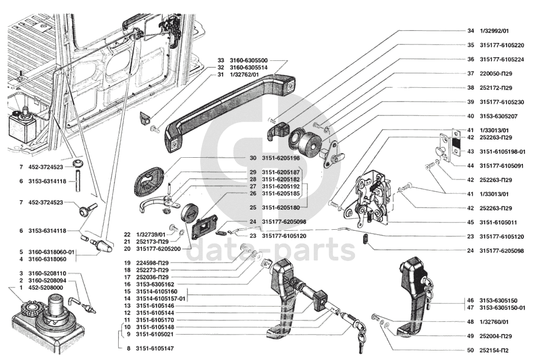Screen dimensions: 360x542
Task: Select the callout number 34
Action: [x=470, y=31]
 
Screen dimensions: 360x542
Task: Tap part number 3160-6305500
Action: [x=248, y=60]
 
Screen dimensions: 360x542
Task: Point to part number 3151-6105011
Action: [x=502, y=222]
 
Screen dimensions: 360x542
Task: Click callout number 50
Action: [x=470, y=350]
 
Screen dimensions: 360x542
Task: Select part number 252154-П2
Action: [x=495, y=350]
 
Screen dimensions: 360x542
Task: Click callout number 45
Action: [x=470, y=222]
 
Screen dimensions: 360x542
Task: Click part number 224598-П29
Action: [x=152, y=263]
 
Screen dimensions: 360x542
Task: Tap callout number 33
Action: [x=220, y=60]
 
